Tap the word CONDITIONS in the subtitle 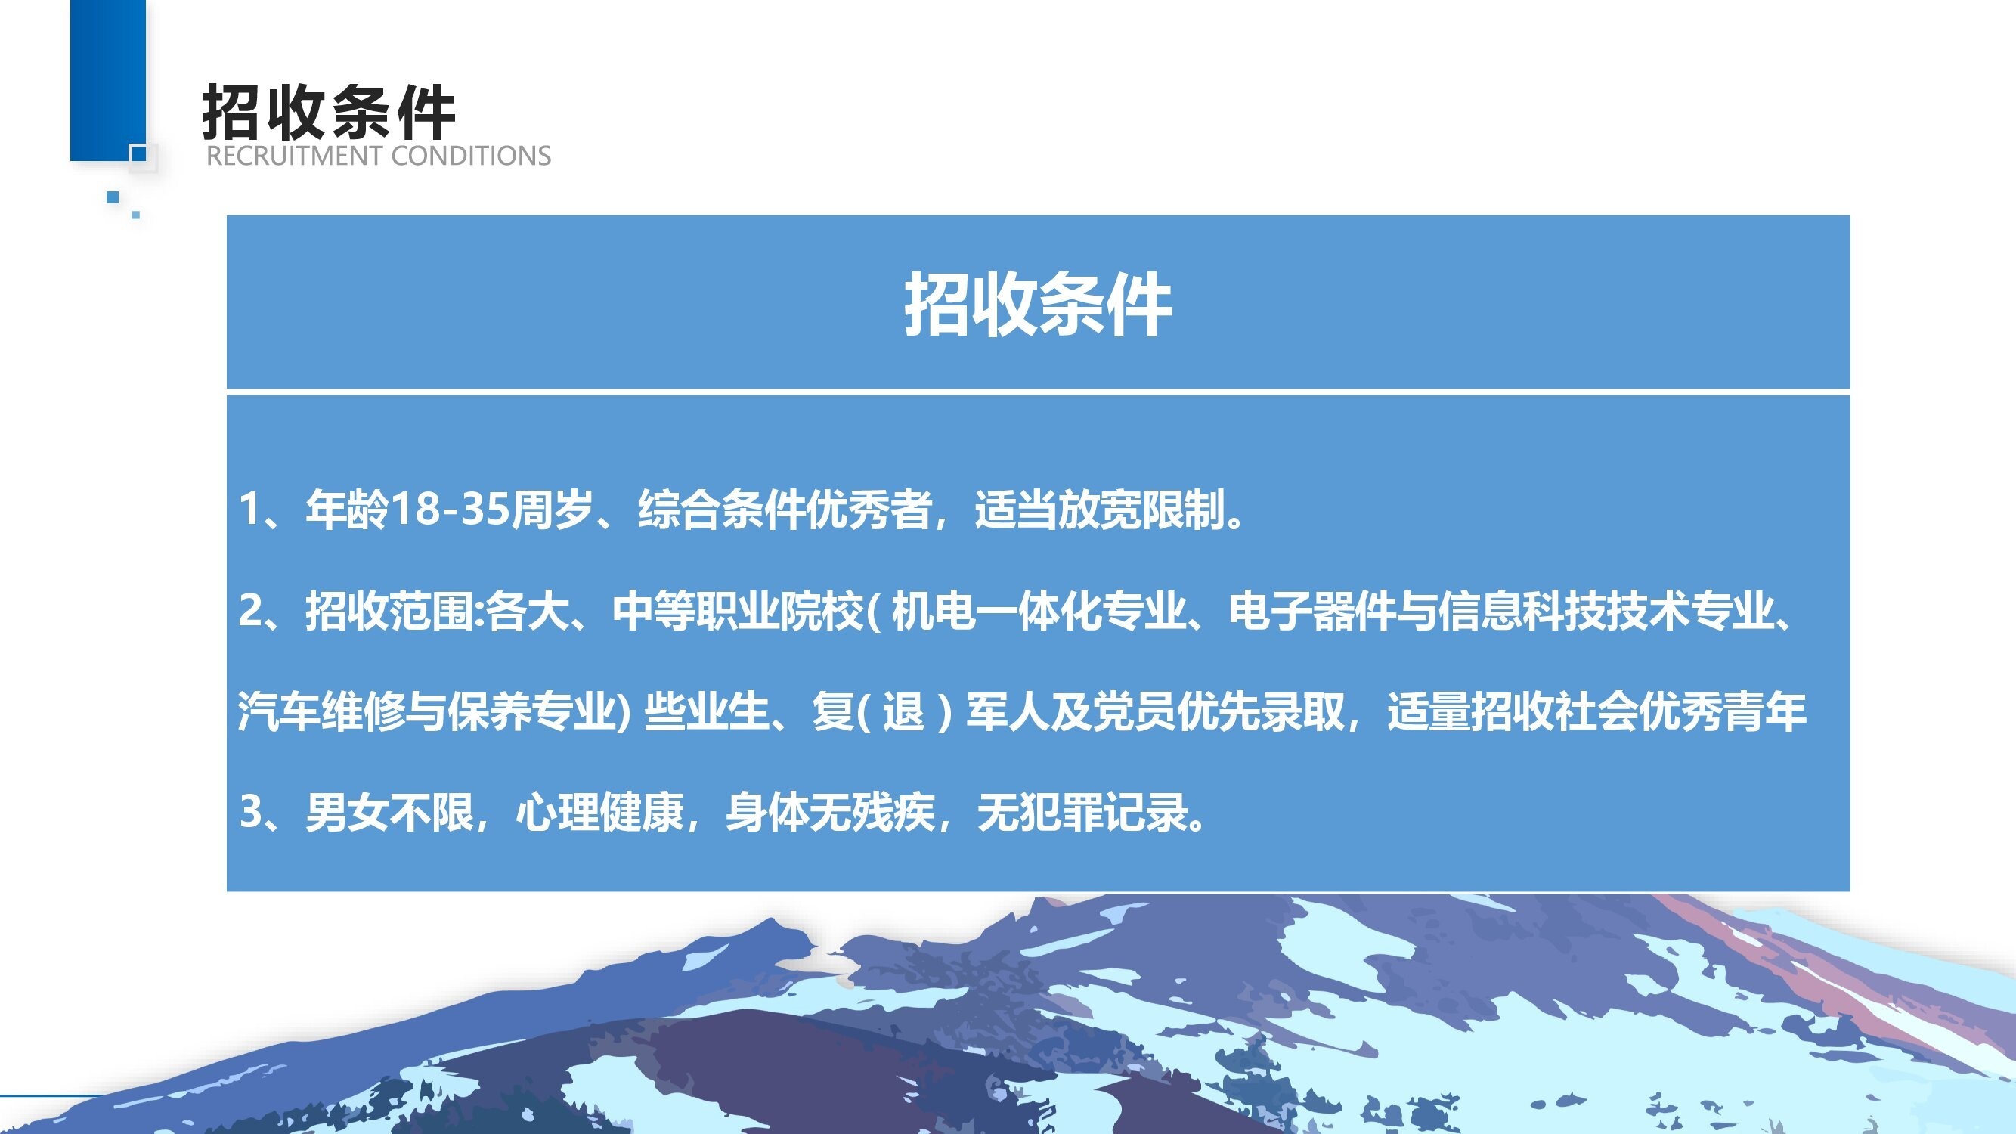(471, 156)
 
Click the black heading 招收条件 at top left (329, 112)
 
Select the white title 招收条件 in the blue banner (1038, 305)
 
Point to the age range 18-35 (449, 509)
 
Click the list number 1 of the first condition (249, 509)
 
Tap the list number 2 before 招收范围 (250, 609)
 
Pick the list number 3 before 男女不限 (251, 810)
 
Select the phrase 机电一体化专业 (1039, 610)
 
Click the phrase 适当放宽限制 (1100, 510)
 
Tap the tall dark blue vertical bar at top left (108, 80)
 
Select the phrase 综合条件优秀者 (785, 510)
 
